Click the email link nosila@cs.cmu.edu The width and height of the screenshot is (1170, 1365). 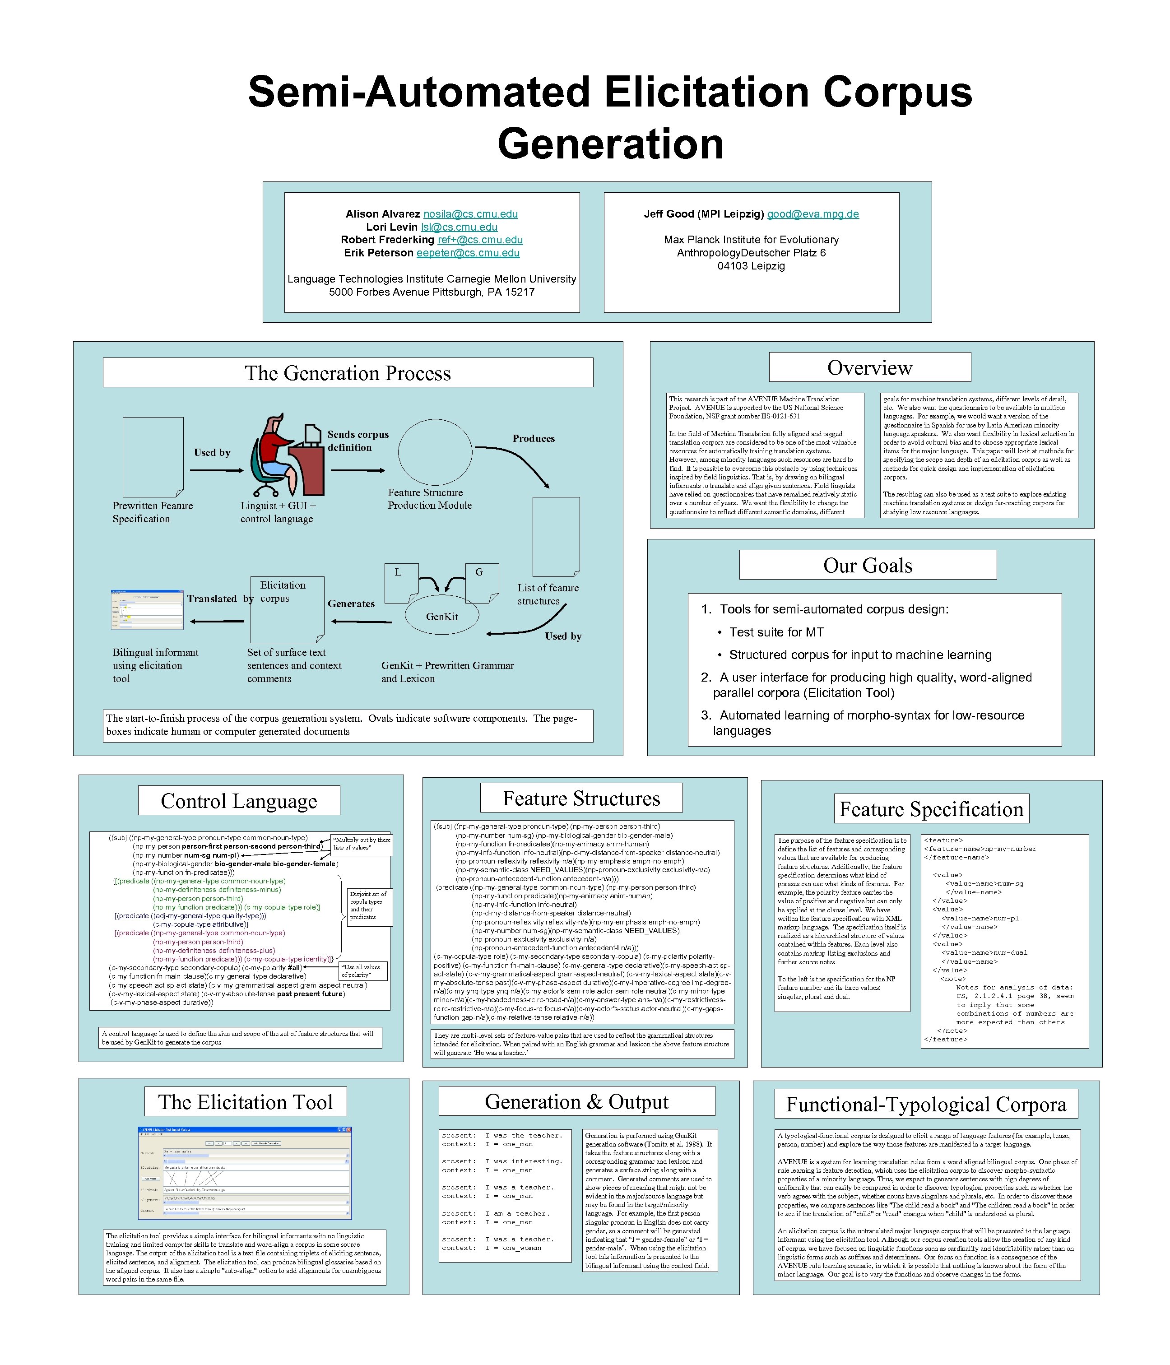point(470,214)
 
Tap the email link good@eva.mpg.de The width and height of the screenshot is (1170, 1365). point(812,214)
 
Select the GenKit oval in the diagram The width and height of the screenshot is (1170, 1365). point(441,617)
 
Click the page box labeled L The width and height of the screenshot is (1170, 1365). point(400,582)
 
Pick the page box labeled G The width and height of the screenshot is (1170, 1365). point(482,582)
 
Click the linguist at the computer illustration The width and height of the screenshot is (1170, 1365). point(287,456)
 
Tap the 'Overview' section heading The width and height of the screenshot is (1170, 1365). point(869,367)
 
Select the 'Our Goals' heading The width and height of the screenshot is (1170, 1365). point(868,565)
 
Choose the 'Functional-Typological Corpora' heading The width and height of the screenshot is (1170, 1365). point(926,1104)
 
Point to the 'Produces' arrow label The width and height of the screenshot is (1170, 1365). point(534,439)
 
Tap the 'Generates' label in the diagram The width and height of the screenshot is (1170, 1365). point(351,604)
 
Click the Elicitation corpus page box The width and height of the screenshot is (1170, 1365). point(287,610)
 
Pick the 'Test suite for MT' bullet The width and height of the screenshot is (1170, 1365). point(776,632)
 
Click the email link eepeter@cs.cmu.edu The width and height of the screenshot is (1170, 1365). point(468,253)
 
